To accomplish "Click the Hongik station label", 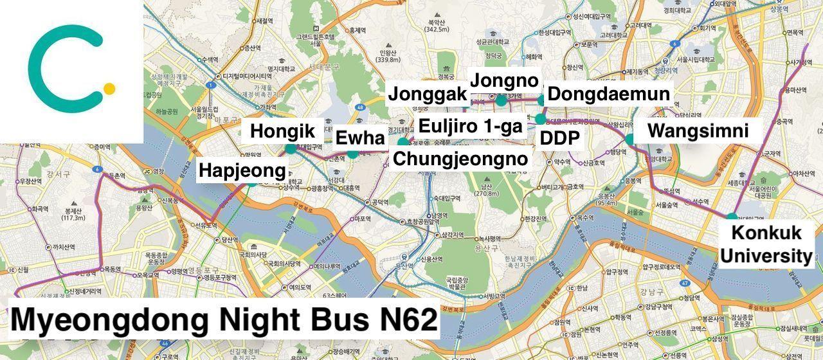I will tap(282, 132).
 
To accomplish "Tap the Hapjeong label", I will tap(242, 171).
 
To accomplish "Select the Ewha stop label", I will tap(360, 138).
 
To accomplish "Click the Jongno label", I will tap(504, 81).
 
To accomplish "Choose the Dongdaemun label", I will tap(608, 94).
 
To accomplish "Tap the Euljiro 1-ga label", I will tap(470, 126).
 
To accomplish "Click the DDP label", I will tap(559, 138).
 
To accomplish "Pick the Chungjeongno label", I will tap(460, 159).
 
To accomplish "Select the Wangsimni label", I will tap(698, 131).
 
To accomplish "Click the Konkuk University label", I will tap(766, 244).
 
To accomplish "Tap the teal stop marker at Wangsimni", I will tap(630, 139).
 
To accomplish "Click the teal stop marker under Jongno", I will tap(501, 100).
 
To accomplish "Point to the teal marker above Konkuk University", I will tap(732, 217).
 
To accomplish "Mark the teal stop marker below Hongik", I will tap(291, 148).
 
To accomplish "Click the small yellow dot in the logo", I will tap(109, 89).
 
